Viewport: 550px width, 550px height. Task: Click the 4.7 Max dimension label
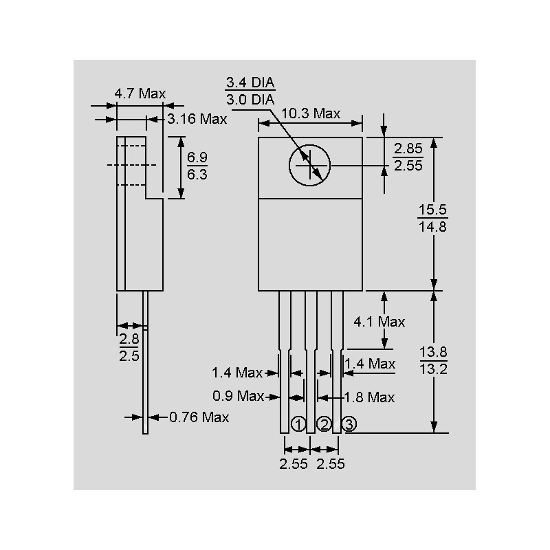(x=140, y=93)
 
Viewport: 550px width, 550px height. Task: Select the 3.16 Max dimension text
(x=197, y=119)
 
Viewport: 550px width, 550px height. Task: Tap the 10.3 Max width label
(x=311, y=113)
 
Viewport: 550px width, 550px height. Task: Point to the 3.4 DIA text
(x=250, y=83)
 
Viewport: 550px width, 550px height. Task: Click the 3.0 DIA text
(x=250, y=100)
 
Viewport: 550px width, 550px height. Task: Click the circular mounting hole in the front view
(x=309, y=166)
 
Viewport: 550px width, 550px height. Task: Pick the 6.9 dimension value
(x=197, y=158)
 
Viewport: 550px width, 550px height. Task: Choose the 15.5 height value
(x=432, y=210)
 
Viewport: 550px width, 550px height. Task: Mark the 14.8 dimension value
(x=432, y=226)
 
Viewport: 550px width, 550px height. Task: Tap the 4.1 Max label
(x=379, y=321)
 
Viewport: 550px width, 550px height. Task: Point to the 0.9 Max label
(x=238, y=396)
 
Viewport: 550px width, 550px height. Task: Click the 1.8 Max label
(x=368, y=397)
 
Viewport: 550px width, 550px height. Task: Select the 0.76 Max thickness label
(x=199, y=417)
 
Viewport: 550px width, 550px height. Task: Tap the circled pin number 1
(x=298, y=423)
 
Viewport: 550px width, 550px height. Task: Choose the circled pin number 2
(x=324, y=423)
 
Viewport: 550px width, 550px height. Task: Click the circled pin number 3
(x=349, y=423)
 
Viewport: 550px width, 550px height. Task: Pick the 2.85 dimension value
(x=408, y=149)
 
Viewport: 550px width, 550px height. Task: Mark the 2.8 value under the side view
(x=129, y=339)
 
